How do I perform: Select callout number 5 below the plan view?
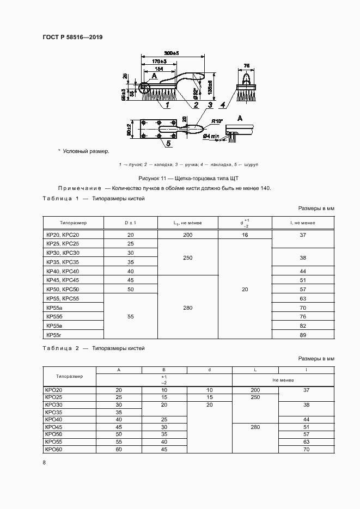pyautogui.click(x=168, y=143)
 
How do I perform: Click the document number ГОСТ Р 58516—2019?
pyautogui.click(x=72, y=37)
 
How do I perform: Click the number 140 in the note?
pyautogui.click(x=264, y=188)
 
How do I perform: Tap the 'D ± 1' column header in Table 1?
pyautogui.click(x=130, y=223)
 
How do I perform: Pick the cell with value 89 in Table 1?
pyautogui.click(x=303, y=334)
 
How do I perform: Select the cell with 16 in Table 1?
pyautogui.click(x=245, y=235)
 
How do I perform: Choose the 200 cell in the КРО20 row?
pyautogui.click(x=255, y=390)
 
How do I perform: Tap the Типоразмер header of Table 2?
pyautogui.click(x=69, y=376)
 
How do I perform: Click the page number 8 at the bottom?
pyautogui.click(x=44, y=463)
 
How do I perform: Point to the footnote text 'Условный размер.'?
pyautogui.click(x=86, y=151)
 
